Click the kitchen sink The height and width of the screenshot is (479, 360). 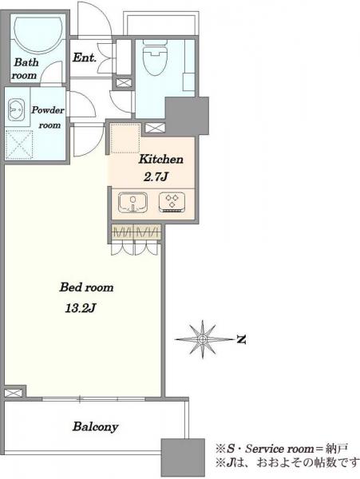(x=133, y=202)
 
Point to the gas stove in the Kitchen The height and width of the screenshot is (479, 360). (x=172, y=202)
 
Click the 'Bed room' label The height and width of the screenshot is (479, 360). (x=86, y=287)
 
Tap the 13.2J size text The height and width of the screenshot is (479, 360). (x=81, y=308)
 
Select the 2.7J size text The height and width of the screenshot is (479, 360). (x=156, y=177)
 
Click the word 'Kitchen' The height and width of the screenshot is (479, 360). (x=161, y=159)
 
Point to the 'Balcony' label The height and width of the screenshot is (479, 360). (x=95, y=427)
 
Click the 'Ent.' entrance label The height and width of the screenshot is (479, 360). (x=85, y=57)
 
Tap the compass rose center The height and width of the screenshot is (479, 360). (x=202, y=339)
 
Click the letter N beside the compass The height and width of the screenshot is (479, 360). (x=242, y=339)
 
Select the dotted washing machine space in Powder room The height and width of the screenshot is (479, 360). (x=19, y=144)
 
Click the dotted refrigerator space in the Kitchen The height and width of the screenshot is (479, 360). (x=125, y=138)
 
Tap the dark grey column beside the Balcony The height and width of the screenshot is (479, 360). (x=183, y=458)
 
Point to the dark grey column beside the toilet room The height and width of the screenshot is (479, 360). (x=187, y=116)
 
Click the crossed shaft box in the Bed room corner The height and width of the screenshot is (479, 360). (x=14, y=393)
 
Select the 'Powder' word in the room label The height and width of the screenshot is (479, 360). (x=48, y=110)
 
